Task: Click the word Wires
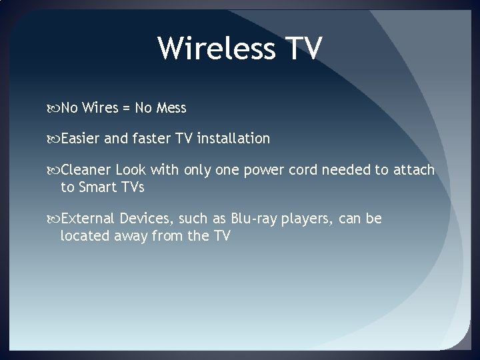point(99,107)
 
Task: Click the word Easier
point(81,139)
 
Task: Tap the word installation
point(233,139)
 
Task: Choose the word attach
point(413,171)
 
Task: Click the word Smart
point(98,187)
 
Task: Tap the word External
point(88,219)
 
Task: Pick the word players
point(311,219)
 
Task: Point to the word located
point(85,235)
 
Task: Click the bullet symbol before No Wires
point(54,107)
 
